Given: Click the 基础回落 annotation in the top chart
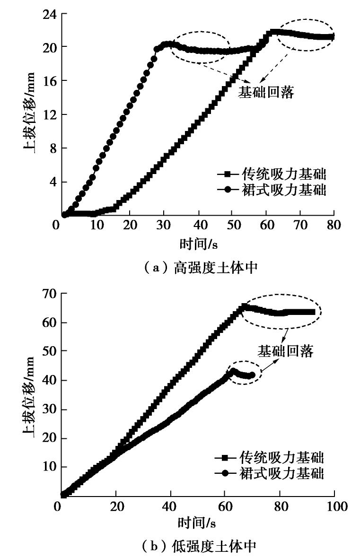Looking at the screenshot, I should click(266, 92).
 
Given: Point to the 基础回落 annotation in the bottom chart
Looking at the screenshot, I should click(286, 350).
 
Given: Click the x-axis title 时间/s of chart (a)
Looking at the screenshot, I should click(198, 243).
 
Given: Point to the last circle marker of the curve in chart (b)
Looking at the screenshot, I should click(252, 375).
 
